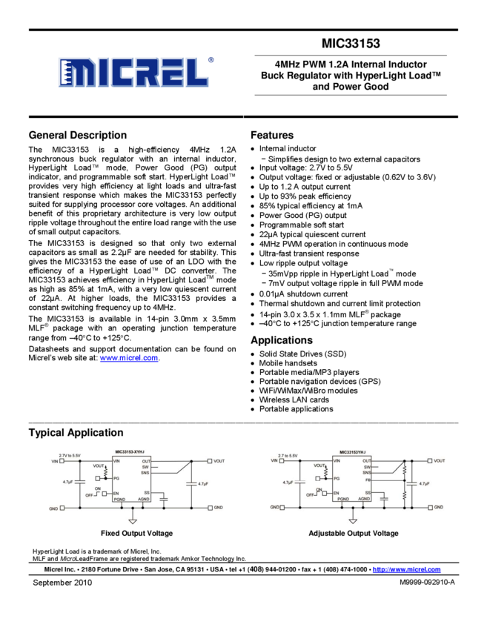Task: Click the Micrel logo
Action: (133, 73)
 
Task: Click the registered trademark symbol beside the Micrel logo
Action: (211, 60)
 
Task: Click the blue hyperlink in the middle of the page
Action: (129, 358)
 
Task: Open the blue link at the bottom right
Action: (406, 569)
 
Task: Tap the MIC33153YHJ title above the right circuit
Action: (352, 451)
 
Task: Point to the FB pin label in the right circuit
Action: (368, 480)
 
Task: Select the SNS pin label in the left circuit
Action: (145, 474)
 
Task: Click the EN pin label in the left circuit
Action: (116, 493)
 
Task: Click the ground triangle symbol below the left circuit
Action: (133, 522)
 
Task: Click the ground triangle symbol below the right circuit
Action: (353, 522)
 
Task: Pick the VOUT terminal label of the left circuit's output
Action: (219, 461)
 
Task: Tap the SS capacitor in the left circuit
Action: (163, 500)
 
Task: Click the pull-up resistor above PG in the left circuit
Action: (106, 471)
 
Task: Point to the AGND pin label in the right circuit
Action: (364, 500)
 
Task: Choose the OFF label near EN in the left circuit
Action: (89, 494)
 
